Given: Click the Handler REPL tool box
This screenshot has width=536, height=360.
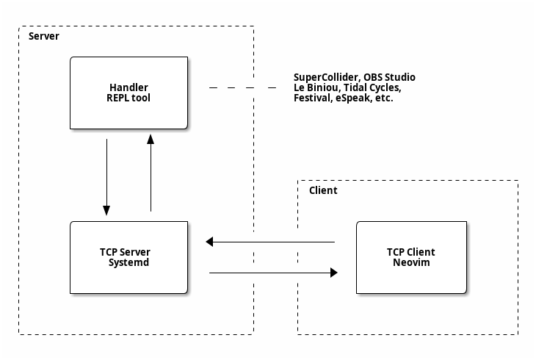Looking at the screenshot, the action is point(129,93).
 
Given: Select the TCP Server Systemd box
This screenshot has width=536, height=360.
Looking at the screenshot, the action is point(129,257).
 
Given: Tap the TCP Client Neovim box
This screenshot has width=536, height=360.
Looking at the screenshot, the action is point(411,257).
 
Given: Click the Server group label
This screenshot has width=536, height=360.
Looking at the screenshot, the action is point(44,36).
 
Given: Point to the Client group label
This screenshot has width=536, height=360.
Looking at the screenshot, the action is point(323,190).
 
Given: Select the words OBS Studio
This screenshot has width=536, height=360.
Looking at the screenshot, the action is point(389,77).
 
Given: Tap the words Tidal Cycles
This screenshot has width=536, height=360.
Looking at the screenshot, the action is point(372,87).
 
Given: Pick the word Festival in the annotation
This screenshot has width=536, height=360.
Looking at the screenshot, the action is point(313,98).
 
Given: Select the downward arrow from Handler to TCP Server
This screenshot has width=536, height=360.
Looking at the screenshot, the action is point(106,177).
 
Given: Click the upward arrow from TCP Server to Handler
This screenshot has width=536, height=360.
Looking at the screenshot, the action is point(151,173).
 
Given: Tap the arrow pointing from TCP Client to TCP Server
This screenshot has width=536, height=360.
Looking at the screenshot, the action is point(270,242).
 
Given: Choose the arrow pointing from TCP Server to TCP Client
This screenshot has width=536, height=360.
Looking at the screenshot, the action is point(273,273).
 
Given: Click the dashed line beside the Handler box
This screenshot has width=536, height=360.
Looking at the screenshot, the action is point(243,88).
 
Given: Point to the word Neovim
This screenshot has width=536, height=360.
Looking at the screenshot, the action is point(411,262).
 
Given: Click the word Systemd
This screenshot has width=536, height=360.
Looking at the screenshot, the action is point(129,262).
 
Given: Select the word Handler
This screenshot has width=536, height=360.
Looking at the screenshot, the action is point(129,87).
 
